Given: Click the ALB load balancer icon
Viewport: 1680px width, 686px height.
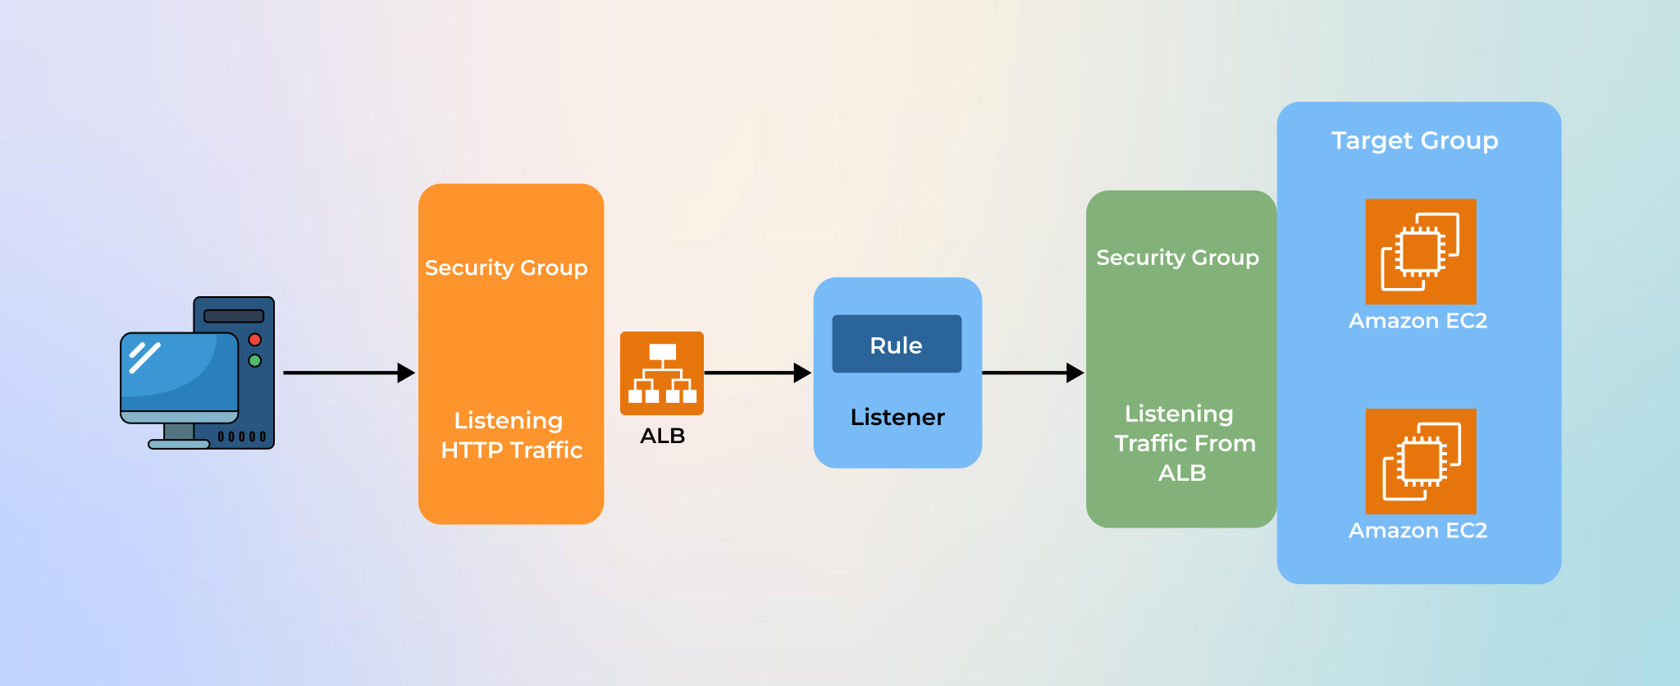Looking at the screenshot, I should click(x=662, y=373).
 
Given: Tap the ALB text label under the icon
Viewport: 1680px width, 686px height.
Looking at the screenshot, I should click(x=662, y=436).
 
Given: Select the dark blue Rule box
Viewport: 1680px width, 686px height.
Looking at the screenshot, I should click(x=897, y=345).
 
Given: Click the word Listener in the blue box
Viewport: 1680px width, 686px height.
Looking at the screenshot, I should click(x=897, y=417).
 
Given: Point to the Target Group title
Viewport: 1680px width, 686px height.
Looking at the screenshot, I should click(x=1414, y=140).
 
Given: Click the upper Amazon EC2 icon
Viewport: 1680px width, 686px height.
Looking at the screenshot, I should click(x=1421, y=251).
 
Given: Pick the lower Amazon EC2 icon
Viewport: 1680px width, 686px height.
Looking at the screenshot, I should click(x=1421, y=461).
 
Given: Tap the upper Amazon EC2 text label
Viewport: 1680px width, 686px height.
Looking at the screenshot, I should click(x=1417, y=321).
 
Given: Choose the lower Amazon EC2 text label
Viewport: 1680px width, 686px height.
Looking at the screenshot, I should click(x=1417, y=531).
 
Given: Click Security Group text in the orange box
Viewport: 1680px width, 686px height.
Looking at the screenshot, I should click(x=506, y=268).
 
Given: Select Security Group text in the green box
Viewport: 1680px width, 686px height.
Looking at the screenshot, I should click(x=1177, y=258).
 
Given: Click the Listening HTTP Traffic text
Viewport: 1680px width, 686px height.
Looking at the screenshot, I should click(x=511, y=435).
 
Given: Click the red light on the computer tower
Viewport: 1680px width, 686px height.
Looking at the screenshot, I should click(x=255, y=340).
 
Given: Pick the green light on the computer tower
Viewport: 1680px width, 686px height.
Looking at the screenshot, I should click(x=255, y=361).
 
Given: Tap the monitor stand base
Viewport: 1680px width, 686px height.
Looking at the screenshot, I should click(x=179, y=444).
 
